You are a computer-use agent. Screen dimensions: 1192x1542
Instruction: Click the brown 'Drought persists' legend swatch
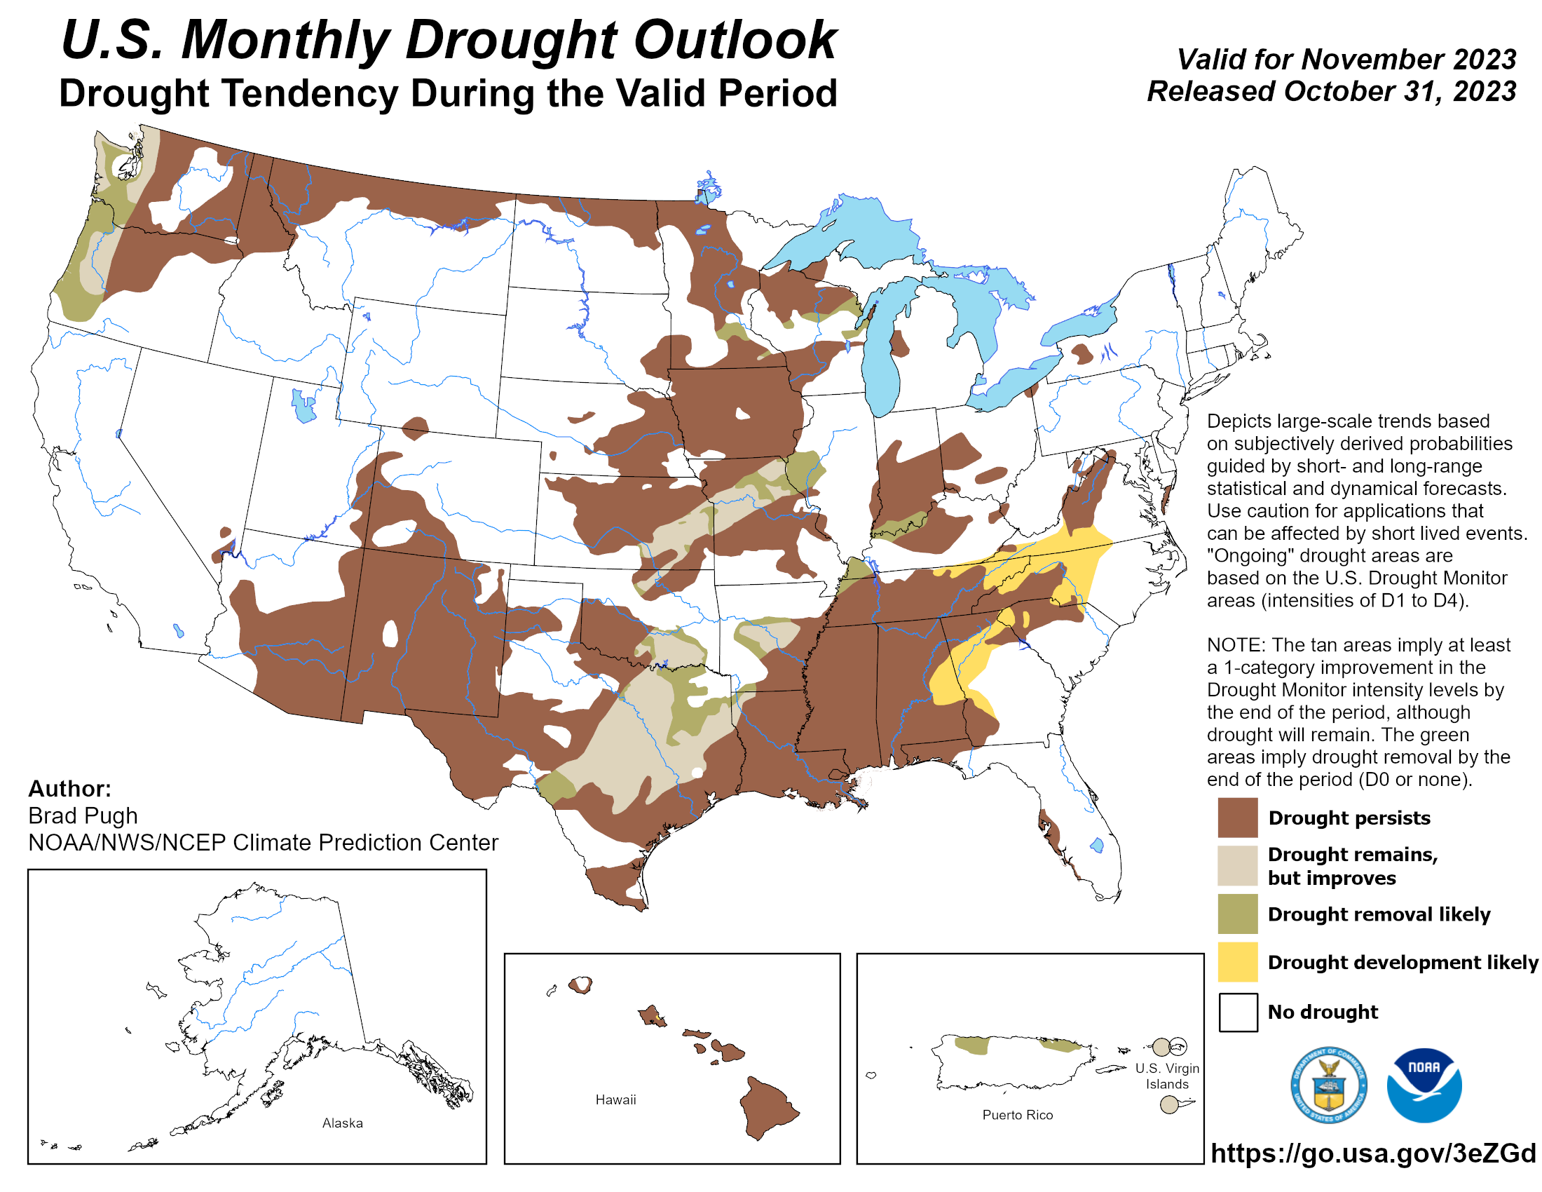point(1237,817)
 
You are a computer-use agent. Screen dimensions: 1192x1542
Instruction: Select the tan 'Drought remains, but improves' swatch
point(1237,865)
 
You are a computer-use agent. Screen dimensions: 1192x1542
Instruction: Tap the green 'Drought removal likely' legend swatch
point(1237,914)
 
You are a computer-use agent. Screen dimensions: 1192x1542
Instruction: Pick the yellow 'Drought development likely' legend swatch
point(1237,962)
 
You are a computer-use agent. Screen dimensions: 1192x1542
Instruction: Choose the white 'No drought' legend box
point(1237,1012)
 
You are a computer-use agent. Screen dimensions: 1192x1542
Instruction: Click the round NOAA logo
point(1424,1085)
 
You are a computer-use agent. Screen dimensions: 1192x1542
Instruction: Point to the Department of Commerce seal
point(1328,1085)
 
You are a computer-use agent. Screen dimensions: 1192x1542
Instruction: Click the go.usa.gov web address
point(1372,1153)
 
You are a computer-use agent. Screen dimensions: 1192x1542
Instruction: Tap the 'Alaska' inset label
point(343,1123)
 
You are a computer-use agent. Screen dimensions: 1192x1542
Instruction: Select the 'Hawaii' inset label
point(615,1099)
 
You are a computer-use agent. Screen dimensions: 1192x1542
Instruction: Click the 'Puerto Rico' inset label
point(1017,1115)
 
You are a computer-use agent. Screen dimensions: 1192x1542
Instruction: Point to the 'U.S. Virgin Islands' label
point(1166,1076)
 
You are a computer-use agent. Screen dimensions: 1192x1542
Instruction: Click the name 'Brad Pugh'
point(83,815)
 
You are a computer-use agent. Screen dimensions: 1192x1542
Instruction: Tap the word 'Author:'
point(69,788)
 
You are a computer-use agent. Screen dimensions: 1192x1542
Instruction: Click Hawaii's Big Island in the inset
point(767,1106)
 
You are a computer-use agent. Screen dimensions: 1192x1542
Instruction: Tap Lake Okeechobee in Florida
point(1096,845)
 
